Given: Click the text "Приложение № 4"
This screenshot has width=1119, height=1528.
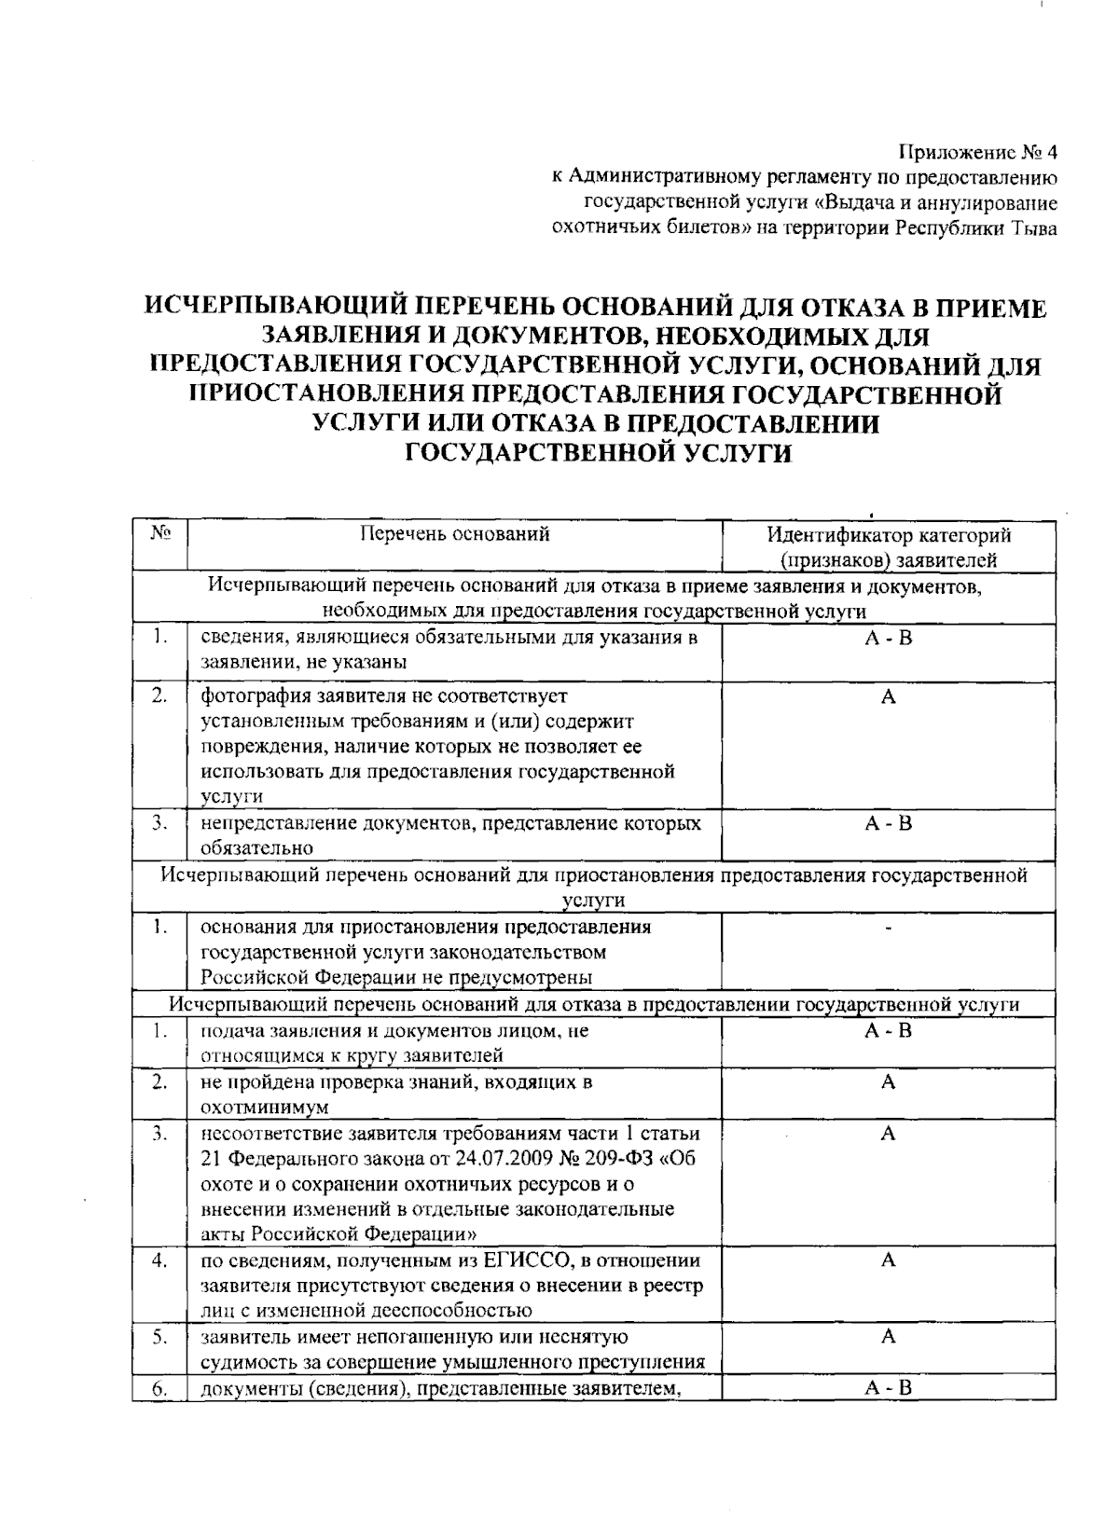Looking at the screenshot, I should click(978, 152).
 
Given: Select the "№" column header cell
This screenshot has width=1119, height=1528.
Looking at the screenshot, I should click(160, 534).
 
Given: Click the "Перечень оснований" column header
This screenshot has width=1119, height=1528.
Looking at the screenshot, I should click(454, 534).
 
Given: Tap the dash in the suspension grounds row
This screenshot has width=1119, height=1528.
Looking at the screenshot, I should click(888, 929).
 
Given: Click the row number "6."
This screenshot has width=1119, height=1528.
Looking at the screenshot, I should click(160, 1388).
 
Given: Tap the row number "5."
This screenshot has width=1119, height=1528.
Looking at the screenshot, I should click(160, 1337).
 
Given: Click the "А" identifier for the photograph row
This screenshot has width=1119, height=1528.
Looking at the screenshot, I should click(888, 696).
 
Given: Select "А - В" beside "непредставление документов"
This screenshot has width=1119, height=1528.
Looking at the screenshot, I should click(888, 823).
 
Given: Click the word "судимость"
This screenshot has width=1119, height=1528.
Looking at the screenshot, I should click(239, 1362).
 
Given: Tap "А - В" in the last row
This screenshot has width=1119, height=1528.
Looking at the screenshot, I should click(888, 1388).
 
